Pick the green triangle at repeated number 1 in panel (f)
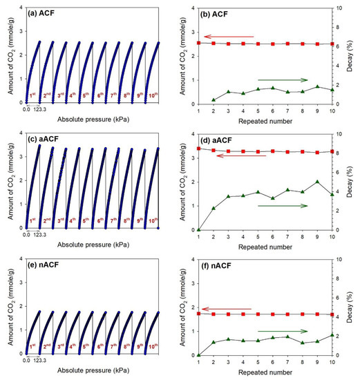click(x=198, y=355)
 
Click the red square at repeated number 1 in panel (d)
click(x=198, y=149)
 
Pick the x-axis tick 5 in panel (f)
click(x=258, y=361)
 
